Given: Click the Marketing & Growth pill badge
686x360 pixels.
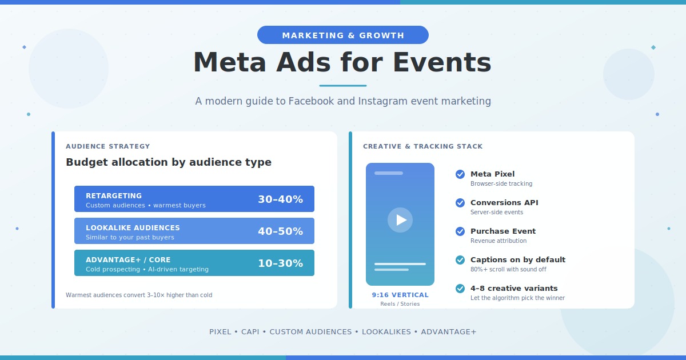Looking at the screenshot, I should pos(343,35).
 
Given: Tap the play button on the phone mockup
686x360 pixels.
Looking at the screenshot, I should pos(400,220).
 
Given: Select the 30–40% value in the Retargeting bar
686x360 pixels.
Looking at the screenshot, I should pos(280,199).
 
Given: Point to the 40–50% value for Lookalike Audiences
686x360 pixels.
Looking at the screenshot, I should pos(280,231).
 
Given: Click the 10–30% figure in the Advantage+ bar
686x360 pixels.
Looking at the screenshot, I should pos(280,263).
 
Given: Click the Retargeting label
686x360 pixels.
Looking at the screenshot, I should pos(114,195).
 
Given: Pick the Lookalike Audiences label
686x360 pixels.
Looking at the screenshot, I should pos(133,227).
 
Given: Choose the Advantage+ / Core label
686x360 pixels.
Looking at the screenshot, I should pos(128,259).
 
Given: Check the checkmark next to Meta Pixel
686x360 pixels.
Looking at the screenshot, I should pos(460,174).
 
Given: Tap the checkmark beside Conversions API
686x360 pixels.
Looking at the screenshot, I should pos(460,203).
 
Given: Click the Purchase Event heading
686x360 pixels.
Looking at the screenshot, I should pos(503,231).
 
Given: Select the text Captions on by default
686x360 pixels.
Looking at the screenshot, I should pos(518,259).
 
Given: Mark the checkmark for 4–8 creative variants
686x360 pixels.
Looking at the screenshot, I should pos(460,289).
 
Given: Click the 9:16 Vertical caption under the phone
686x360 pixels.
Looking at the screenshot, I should pos(400,295).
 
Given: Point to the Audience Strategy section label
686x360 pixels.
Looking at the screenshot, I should pos(108,146).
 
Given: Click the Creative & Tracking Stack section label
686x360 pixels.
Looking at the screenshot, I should pos(423,146).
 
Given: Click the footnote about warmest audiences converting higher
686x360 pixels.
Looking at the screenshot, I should pos(139,295).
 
